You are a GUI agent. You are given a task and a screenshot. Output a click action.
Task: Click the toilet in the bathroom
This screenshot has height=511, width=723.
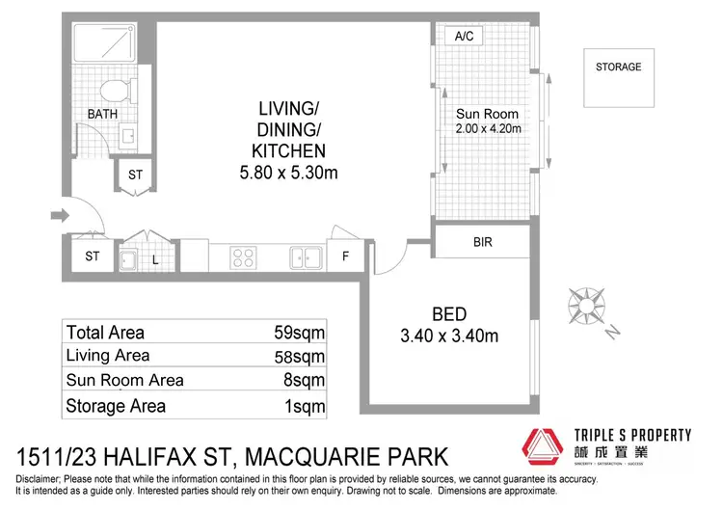pyautogui.click(x=116, y=93)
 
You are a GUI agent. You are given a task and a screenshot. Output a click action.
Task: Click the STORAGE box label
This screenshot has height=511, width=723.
pyautogui.click(x=618, y=67)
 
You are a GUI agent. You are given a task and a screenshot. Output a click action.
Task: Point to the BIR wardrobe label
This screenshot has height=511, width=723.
pyautogui.click(x=482, y=242)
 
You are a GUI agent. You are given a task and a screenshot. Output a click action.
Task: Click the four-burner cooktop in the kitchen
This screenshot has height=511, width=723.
pyautogui.click(x=243, y=257)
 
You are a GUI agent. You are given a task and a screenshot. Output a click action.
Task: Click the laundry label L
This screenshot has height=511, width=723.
pyautogui.click(x=154, y=258)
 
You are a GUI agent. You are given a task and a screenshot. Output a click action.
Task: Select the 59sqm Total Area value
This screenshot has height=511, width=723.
pyautogui.click(x=299, y=333)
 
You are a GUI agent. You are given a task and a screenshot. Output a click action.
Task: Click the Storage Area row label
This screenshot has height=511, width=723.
pyautogui.click(x=116, y=405)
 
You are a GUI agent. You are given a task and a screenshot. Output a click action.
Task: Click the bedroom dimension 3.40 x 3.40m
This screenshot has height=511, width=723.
pyautogui.click(x=448, y=336)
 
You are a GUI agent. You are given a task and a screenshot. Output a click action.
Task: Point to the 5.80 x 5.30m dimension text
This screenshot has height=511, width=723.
pyautogui.click(x=288, y=174)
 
